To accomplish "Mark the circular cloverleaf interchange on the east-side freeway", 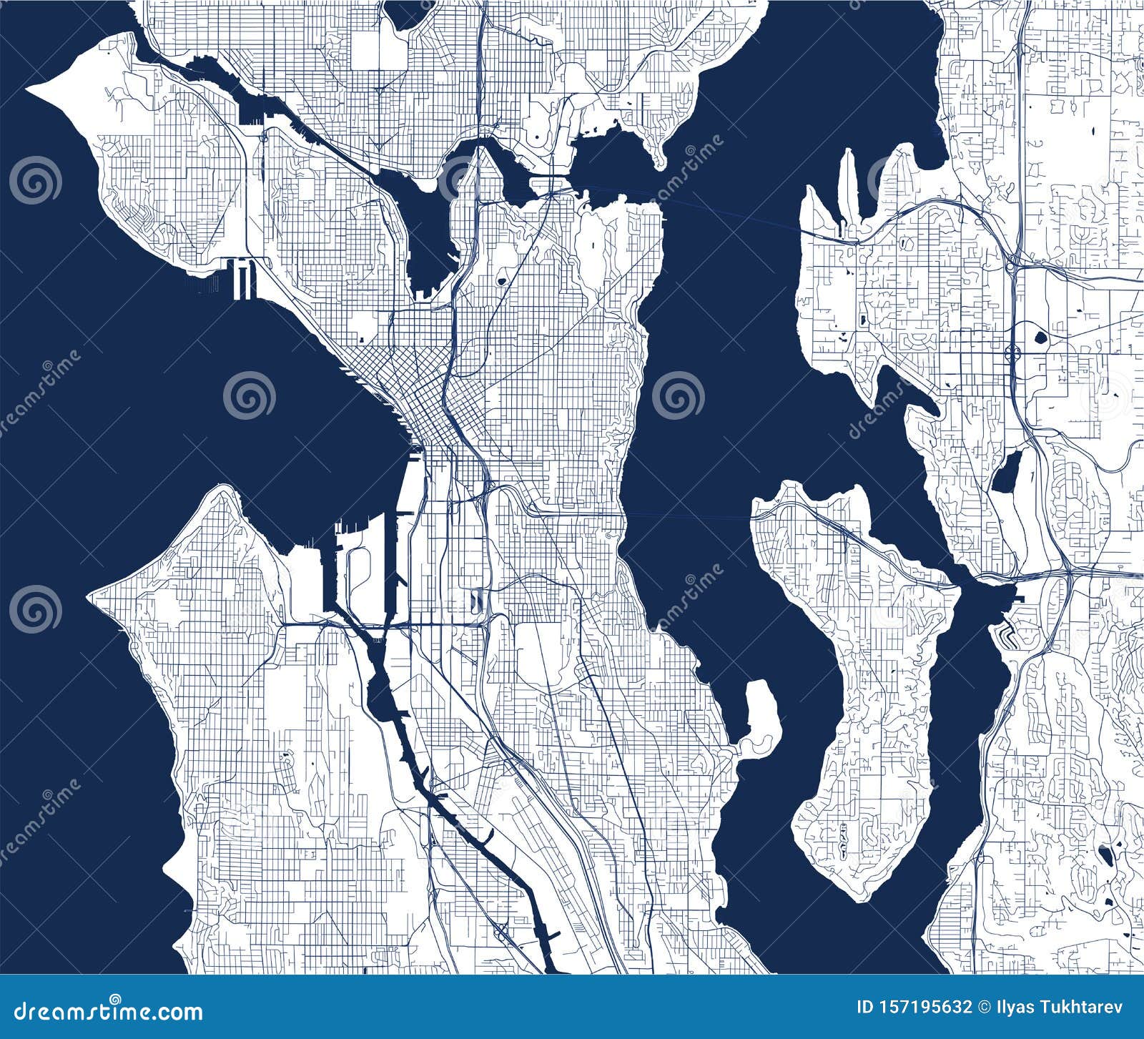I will click(1012, 352).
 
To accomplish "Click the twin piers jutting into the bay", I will click(242, 278).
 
